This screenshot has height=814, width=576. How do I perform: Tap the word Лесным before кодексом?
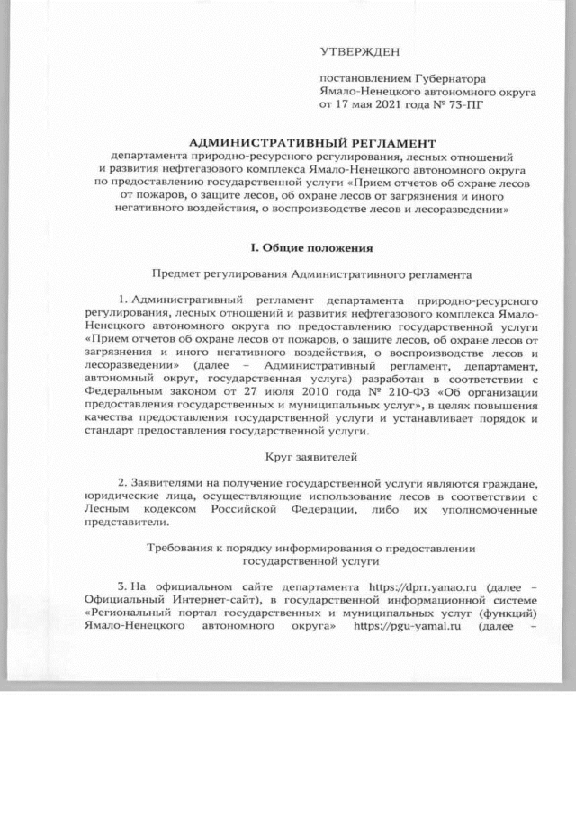point(108,510)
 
